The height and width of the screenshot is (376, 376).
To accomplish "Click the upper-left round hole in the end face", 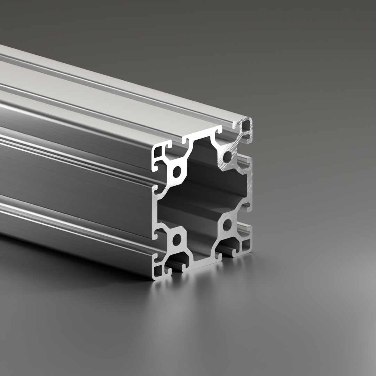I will (x=177, y=171).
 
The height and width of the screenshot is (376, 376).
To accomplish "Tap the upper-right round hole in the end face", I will (x=227, y=156).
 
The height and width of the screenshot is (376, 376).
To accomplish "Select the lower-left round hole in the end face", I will (x=177, y=240).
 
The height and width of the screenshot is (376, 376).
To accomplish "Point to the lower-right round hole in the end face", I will (x=227, y=225).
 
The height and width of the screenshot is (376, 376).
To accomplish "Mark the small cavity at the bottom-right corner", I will (x=246, y=243).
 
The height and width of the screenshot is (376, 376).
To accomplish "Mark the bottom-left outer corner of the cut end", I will (x=154, y=279).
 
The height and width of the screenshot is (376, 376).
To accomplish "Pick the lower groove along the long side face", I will (x=70, y=205).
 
